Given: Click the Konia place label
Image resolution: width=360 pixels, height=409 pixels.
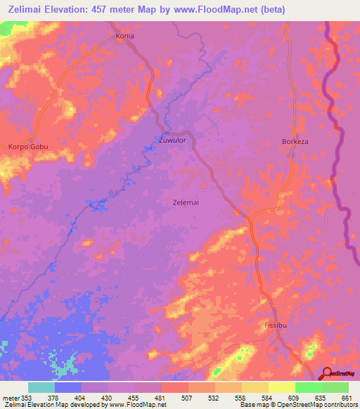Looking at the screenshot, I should tap(124, 35).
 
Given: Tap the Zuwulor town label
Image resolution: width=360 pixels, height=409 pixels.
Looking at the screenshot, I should tap(172, 140).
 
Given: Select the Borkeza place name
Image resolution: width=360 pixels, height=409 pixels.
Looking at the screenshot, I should tap(295, 141).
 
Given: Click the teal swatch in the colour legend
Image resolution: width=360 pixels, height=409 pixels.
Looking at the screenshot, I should tap(41, 387).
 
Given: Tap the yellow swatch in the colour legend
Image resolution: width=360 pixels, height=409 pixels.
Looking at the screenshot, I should tap(281, 387).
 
